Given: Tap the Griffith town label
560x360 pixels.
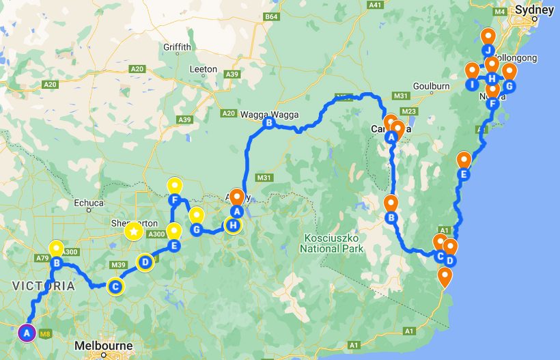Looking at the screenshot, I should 178,47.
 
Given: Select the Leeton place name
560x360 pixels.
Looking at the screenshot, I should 204,69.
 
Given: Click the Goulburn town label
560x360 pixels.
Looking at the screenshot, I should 431,86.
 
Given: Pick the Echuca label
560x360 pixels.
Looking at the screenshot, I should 89,202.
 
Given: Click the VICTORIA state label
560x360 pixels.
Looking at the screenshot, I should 43,286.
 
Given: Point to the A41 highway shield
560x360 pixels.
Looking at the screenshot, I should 374,5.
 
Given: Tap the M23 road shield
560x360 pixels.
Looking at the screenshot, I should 409,111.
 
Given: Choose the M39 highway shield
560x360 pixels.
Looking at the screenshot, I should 117,264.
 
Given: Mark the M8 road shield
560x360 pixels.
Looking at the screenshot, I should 45,334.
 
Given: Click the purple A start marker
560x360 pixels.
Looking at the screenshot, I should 26,333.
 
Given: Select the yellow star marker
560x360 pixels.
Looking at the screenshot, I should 133,232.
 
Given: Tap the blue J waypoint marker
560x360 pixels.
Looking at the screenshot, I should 487,51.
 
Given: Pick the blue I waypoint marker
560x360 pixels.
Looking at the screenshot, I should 471,85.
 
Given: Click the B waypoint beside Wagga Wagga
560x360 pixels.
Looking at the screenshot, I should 269,124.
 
